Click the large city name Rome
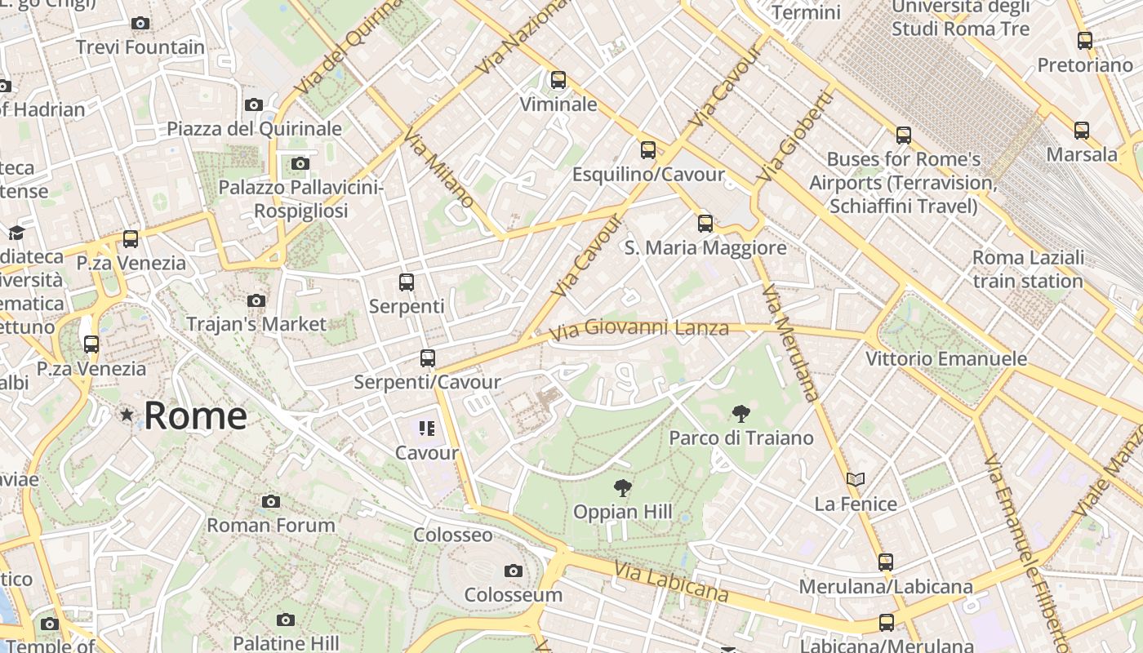(195, 415)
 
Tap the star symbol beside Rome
(127, 415)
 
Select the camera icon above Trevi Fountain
(140, 23)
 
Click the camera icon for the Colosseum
(513, 571)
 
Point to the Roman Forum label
(270, 525)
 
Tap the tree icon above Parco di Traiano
(741, 414)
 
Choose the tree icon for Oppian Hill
(623, 488)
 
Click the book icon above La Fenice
(855, 479)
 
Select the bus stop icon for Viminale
(558, 80)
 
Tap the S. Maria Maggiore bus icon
(705, 223)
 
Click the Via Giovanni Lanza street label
(638, 330)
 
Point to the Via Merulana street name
(789, 343)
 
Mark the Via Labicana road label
(671, 582)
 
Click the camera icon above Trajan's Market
(256, 300)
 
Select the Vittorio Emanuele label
(946, 358)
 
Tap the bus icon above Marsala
(1082, 130)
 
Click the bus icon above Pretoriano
(1085, 40)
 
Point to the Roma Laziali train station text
(1028, 269)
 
